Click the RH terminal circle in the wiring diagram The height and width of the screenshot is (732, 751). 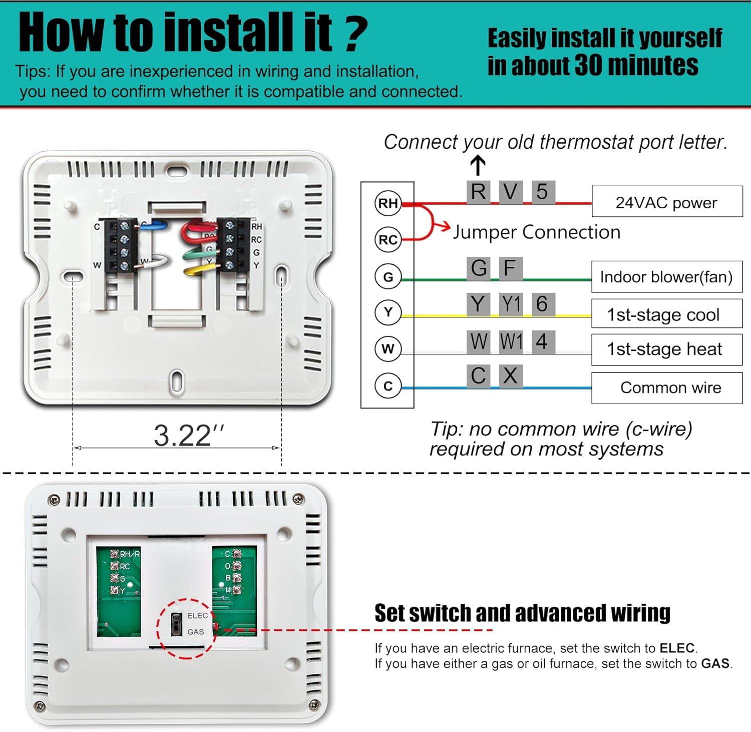click(x=388, y=203)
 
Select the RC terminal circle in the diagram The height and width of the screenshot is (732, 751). click(x=388, y=240)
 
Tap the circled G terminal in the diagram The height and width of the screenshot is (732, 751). click(x=388, y=276)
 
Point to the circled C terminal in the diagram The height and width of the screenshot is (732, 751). click(x=388, y=386)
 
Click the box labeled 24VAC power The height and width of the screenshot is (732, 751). click(x=667, y=202)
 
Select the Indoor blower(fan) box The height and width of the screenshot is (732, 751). click(x=666, y=276)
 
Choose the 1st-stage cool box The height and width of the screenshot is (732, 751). click(x=666, y=314)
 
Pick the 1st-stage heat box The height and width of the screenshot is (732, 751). click(x=666, y=349)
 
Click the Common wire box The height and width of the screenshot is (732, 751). click(x=666, y=388)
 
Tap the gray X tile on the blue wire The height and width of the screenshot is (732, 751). click(x=510, y=376)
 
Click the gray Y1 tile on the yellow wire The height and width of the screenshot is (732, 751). click(x=511, y=304)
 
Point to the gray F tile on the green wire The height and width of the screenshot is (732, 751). click(x=510, y=268)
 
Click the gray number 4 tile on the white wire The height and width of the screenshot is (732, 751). click(x=542, y=342)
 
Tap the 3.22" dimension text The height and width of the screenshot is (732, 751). click(x=189, y=435)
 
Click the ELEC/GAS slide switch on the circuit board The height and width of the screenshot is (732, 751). click(x=176, y=624)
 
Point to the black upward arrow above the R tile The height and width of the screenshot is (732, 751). click(x=478, y=165)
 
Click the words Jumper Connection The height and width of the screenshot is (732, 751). click(x=536, y=232)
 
